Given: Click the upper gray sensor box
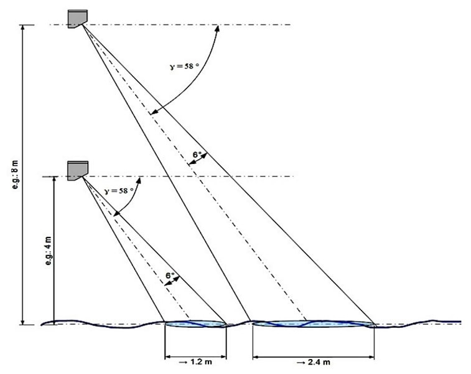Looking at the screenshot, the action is pyautogui.click(x=78, y=19).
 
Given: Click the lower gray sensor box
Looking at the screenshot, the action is pyautogui.click(x=78, y=171).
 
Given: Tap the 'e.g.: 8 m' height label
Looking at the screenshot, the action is pyautogui.click(x=15, y=175).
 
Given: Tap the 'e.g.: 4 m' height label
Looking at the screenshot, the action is pyautogui.click(x=48, y=251).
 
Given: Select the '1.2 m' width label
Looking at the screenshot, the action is pyautogui.click(x=201, y=362).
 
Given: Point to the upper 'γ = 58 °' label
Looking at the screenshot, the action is pyautogui.click(x=184, y=66).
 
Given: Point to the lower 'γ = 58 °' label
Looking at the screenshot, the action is pyautogui.click(x=119, y=191).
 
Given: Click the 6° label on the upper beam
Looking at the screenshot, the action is pyautogui.click(x=197, y=155).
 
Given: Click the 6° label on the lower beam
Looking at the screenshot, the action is pyautogui.click(x=170, y=276).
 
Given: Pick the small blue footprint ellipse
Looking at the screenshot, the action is pyautogui.click(x=195, y=324).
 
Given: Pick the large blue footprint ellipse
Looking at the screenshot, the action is pyautogui.click(x=314, y=324).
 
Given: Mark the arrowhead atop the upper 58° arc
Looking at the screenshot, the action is pyautogui.click(x=218, y=28).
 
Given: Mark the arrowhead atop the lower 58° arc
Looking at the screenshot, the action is pyautogui.click(x=139, y=180).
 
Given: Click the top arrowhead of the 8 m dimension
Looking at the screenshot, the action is pyautogui.click(x=22, y=27).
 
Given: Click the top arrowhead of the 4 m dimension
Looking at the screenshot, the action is pyautogui.click(x=54, y=180).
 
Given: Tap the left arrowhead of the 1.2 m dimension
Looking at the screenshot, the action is pyautogui.click(x=168, y=357).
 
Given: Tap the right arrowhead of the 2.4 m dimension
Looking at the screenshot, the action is pyautogui.click(x=371, y=357).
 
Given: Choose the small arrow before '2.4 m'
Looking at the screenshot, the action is pyautogui.click(x=301, y=363).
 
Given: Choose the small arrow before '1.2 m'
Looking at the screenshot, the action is pyautogui.click(x=183, y=362).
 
